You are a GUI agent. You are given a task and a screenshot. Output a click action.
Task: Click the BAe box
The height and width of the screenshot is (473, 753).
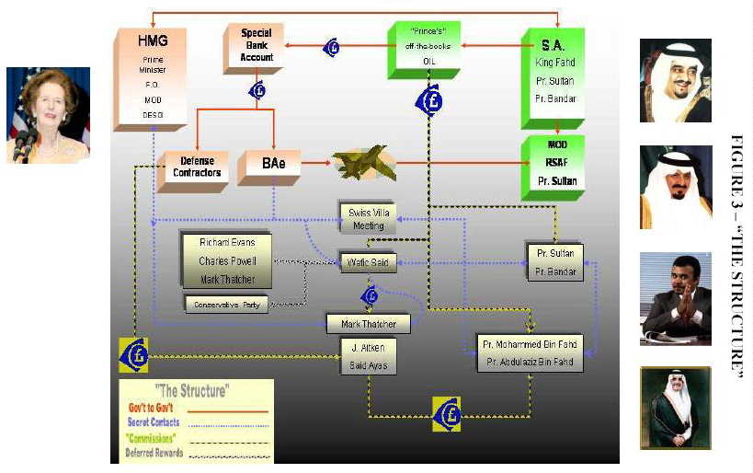[x=270, y=168]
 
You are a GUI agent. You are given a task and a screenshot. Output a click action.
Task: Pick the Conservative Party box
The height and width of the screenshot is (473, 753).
[x=227, y=304]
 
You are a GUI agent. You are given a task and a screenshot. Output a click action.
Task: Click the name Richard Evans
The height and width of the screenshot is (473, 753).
[x=227, y=242]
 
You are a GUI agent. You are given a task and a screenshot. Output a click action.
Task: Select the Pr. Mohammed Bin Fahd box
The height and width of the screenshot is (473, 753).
[x=528, y=343]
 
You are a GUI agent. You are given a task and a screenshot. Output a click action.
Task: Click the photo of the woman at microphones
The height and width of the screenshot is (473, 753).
[x=49, y=115]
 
